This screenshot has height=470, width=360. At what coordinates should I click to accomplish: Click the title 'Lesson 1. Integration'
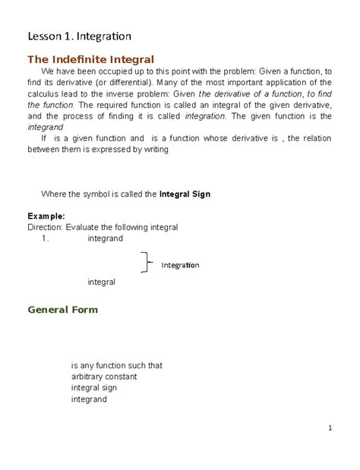coord(79,36)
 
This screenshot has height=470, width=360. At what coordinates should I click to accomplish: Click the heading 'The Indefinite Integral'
coord(90,59)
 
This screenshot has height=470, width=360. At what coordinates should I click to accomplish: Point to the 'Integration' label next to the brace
coord(179,265)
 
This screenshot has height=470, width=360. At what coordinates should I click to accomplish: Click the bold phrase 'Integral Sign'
coord(185,194)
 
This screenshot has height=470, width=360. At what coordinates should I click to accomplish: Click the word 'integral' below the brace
coord(102,282)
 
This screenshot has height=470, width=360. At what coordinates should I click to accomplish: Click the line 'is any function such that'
coord(117,365)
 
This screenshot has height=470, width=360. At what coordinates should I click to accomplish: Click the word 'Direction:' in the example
coord(46,226)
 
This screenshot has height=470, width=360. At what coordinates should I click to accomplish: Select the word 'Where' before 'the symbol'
coord(58,194)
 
